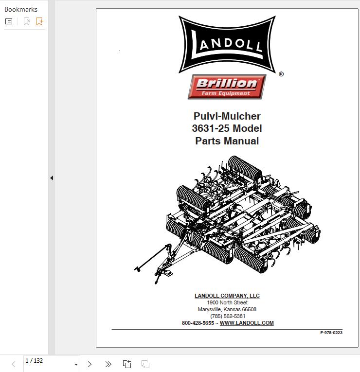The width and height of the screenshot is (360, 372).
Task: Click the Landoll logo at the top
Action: [227, 44]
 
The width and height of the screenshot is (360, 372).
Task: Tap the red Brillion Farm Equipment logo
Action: [227, 87]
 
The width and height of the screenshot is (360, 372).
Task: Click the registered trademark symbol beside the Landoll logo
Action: [281, 74]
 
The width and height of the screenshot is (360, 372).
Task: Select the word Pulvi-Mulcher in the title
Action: [227, 116]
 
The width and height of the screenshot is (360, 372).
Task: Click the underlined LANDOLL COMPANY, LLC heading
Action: [227, 296]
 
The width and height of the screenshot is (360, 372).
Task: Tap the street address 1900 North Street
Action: [227, 302]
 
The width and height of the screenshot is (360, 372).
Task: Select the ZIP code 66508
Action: [249, 309]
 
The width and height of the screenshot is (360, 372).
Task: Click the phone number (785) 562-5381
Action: [228, 316]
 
